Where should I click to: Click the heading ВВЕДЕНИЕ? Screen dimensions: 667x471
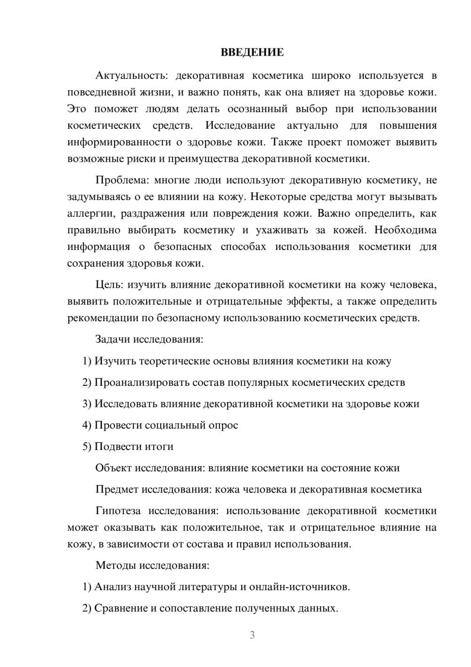tap(252, 52)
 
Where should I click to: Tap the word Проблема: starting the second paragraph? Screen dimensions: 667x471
tap(122, 180)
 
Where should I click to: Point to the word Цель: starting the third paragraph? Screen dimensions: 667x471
tap(109, 284)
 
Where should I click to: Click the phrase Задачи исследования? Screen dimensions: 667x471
tap(149, 339)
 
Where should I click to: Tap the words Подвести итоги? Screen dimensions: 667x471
tap(134, 446)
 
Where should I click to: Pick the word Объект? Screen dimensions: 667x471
tap(114, 468)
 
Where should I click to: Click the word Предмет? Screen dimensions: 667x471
tap(116, 489)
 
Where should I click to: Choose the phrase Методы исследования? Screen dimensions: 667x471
tap(152, 565)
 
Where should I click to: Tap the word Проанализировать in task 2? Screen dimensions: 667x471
tap(142, 382)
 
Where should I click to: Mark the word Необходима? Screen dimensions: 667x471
tap(406, 230)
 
